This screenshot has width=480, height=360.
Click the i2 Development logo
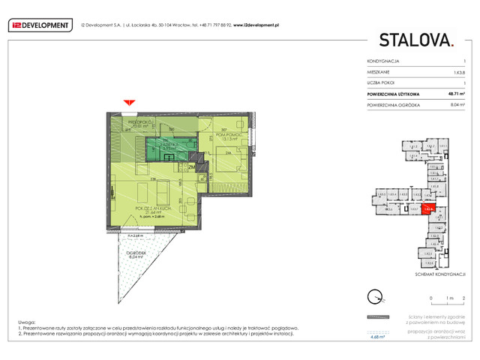(38, 25)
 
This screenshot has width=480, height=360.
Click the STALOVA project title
(415, 39)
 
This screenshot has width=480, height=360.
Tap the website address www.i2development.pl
(256, 25)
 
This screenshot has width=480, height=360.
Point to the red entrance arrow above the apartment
(129, 102)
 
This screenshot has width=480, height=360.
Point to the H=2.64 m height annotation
(135, 235)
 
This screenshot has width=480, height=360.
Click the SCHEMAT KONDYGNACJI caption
(441, 275)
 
